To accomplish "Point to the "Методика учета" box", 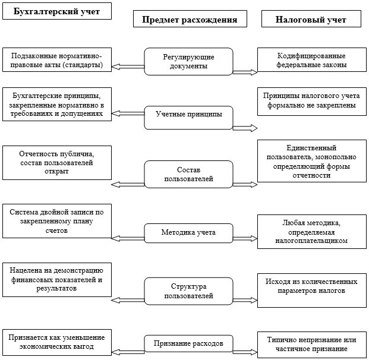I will (188, 232).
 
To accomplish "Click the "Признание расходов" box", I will (188, 343).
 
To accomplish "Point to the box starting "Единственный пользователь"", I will (311, 161).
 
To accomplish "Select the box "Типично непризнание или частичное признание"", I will (311, 344).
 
